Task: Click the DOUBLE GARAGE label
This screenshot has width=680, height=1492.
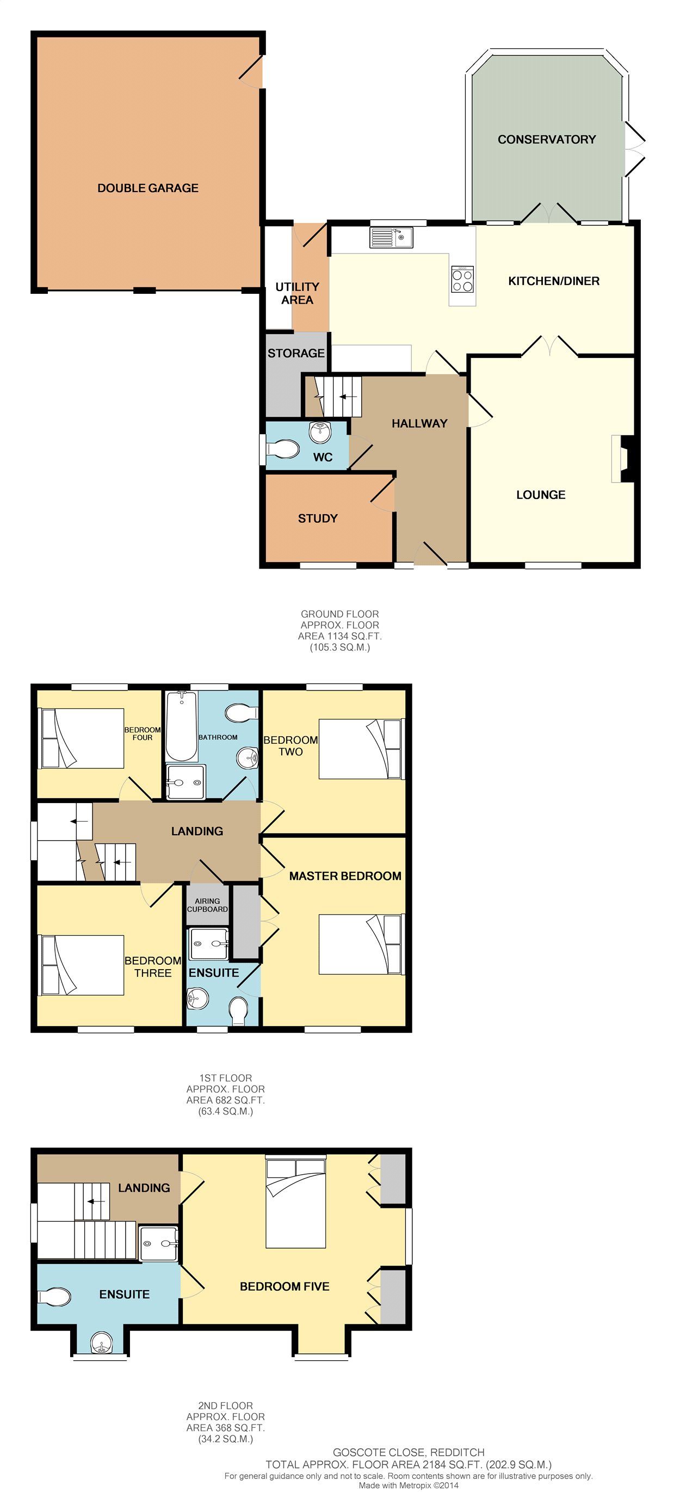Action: point(148,188)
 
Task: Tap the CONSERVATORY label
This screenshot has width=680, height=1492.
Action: point(547,140)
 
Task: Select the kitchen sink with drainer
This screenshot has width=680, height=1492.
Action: point(392,237)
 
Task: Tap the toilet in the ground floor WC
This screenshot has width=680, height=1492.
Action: point(282,449)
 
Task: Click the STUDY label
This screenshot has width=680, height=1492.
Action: point(317,519)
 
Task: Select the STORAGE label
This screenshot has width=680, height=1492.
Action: point(296,353)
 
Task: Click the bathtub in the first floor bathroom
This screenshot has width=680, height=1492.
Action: point(181,726)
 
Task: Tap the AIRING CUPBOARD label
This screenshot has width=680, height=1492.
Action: point(207,905)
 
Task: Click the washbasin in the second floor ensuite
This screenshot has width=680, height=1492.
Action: point(102,1342)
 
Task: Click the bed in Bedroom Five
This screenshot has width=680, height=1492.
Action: point(296,1203)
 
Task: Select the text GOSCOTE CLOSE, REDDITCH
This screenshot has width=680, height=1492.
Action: point(409,1452)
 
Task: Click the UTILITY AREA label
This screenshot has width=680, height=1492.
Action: point(297,294)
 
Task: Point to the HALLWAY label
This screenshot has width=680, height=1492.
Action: point(419,423)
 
